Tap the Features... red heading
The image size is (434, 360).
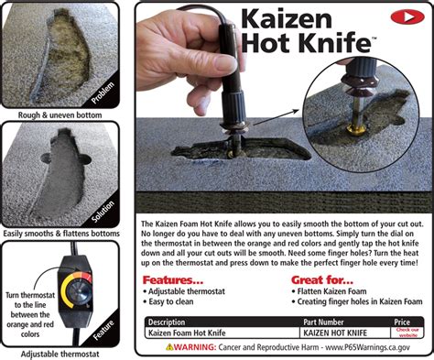click(178, 280)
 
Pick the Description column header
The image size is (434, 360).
click(173, 322)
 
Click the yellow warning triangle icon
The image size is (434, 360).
click(170, 347)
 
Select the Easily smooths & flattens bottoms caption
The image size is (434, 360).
click(65, 234)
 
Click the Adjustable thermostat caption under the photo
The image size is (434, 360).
click(65, 353)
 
